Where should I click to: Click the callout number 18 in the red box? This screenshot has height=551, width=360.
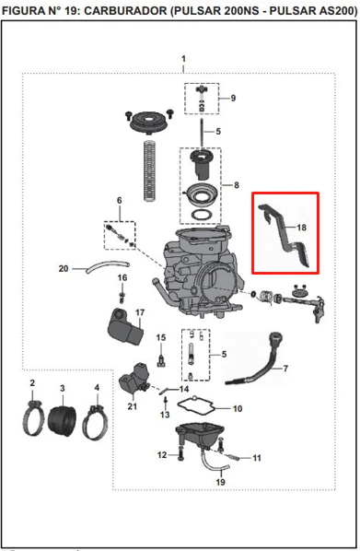point(301,228)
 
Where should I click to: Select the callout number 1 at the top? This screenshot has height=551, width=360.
point(183,59)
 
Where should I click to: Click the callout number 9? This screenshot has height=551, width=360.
point(233,98)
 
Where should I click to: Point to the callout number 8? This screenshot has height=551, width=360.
point(237,185)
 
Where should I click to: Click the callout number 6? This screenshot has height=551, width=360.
point(120,200)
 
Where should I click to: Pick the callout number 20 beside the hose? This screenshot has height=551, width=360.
point(64,268)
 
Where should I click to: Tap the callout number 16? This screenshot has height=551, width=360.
point(122,277)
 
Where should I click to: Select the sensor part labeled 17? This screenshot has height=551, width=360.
point(124,327)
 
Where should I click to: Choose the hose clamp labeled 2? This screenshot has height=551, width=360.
point(32,419)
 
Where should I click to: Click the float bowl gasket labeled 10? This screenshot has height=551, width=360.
point(196,407)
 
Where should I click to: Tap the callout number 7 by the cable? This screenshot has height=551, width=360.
point(285,369)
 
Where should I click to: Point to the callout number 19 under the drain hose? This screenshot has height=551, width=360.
point(220,482)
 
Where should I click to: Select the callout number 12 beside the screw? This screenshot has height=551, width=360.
point(162,455)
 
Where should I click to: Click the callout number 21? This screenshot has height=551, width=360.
point(132,406)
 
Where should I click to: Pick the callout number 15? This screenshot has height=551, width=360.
point(161,338)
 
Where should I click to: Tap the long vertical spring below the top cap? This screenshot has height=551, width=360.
point(150,170)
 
